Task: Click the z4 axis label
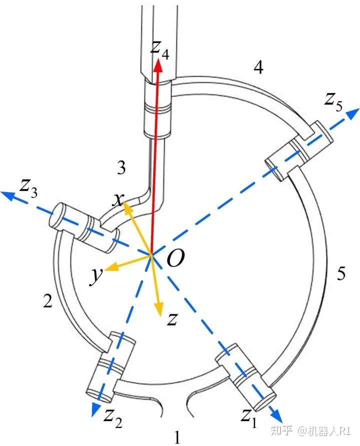click(160, 49)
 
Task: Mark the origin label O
click(175, 259)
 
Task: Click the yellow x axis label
click(118, 200)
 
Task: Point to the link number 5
click(341, 273)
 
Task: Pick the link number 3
click(121, 168)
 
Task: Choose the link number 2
click(48, 300)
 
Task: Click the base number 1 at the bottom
click(176, 437)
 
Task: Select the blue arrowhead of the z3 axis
click(7, 194)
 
